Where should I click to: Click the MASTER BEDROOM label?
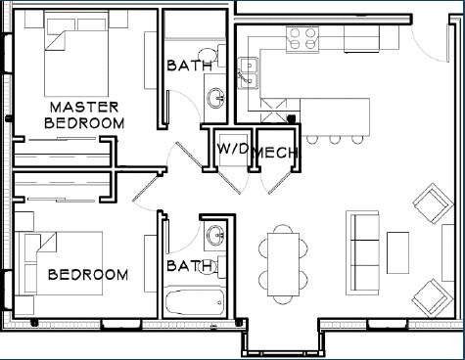click(84, 115)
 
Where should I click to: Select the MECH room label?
click(276, 153)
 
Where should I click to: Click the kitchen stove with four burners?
click(302, 39)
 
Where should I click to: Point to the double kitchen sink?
click(249, 73)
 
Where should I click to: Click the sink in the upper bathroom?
click(215, 98)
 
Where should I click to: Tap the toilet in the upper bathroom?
click(211, 56)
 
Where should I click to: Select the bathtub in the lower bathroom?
click(195, 302)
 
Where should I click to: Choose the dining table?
click(283, 264)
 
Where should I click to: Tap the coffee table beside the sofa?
click(397, 252)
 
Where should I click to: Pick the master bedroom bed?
click(76, 54)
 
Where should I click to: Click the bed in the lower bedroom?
click(61, 263)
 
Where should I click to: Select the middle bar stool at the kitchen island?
click(335, 140)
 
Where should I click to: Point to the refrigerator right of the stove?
click(361, 38)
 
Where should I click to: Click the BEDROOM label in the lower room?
click(88, 275)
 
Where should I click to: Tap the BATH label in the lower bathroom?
click(190, 266)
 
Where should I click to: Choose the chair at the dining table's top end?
click(283, 229)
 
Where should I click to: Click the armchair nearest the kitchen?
click(433, 203)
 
